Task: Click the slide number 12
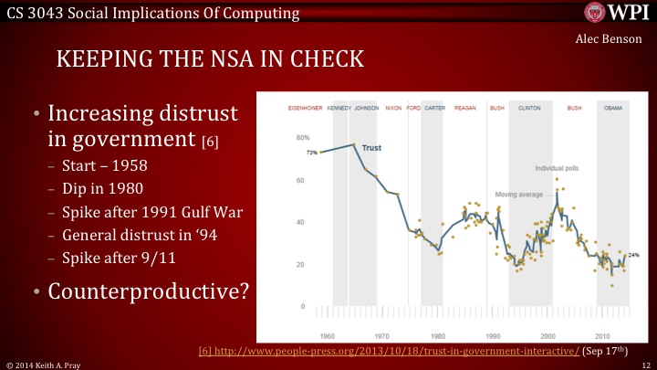[x=642, y=364]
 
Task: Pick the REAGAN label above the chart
[x=465, y=107]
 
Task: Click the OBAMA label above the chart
[x=612, y=107]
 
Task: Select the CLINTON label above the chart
[x=529, y=107]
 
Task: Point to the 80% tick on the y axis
[x=299, y=138]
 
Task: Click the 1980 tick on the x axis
[x=438, y=334]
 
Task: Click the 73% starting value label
[x=311, y=153]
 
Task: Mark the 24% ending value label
[x=634, y=256]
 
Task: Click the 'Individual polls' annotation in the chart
[x=556, y=169]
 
